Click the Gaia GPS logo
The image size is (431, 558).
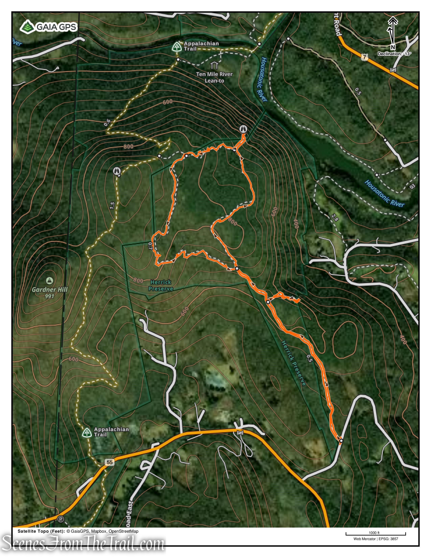pos(49,27)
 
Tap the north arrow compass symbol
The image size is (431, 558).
pos(392,32)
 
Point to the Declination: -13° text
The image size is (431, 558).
pos(394,54)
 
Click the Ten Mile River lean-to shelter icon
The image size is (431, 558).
pos(214,65)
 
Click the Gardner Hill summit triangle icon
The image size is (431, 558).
pos(49,281)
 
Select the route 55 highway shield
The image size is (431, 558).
pos(110,462)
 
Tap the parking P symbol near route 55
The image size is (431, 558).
pos(61,519)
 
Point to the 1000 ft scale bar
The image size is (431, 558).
pos(375,534)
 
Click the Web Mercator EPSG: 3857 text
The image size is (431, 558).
pos(376,539)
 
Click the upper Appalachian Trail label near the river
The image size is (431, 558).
pos(201,46)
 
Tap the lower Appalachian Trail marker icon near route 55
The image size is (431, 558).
pos(87,433)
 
